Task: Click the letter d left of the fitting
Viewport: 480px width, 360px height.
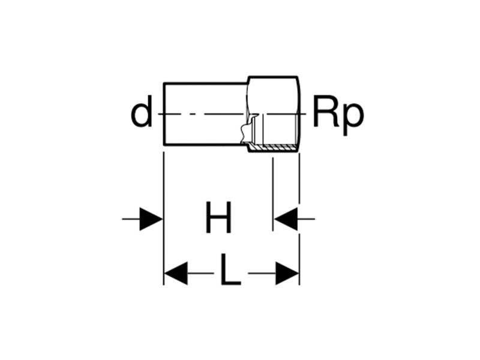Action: (x=142, y=113)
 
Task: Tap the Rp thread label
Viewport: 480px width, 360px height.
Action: (x=338, y=115)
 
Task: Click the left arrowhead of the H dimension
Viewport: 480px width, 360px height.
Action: (x=151, y=219)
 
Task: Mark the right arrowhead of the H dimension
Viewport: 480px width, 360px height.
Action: (x=285, y=219)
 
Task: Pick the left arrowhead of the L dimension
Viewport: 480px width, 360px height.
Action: (x=176, y=274)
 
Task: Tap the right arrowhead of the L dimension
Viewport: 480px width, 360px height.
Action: (x=287, y=274)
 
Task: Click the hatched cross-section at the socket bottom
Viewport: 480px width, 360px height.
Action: (x=274, y=148)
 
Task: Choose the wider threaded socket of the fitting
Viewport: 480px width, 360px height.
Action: (x=274, y=113)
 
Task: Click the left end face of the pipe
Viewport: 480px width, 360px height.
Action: (x=164, y=113)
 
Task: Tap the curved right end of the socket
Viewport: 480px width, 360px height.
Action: (x=298, y=113)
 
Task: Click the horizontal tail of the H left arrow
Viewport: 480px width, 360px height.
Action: (x=131, y=219)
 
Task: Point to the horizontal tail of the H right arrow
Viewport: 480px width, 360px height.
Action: (x=306, y=219)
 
